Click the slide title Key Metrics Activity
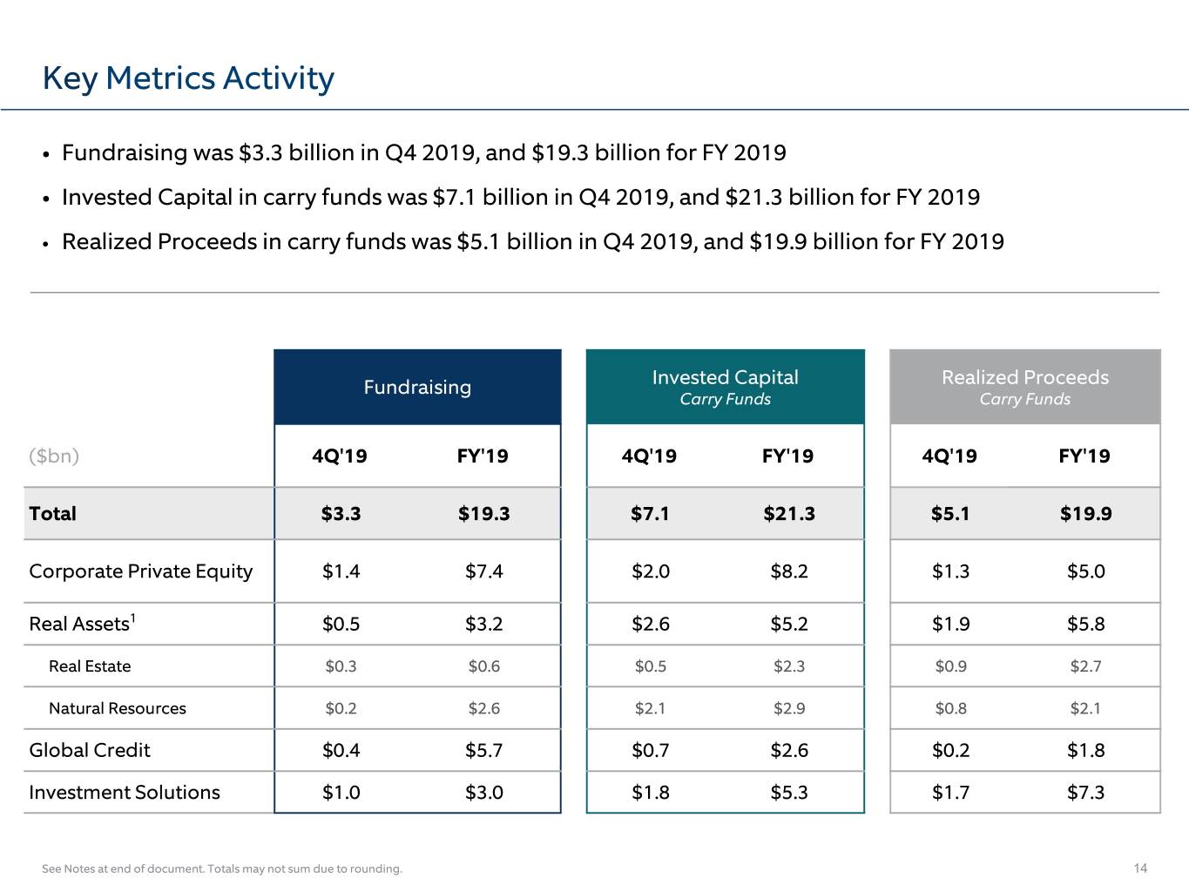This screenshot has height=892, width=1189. click(x=188, y=78)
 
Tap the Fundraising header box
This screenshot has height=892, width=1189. click(x=417, y=387)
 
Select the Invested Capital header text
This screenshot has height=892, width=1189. click(x=725, y=377)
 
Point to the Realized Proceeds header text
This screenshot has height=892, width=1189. click(x=1025, y=377)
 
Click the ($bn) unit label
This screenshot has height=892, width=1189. click(x=54, y=456)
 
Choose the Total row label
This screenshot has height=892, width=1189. click(x=52, y=513)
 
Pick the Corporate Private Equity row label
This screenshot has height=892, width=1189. click(x=141, y=572)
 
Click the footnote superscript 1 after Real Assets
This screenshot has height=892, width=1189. click(x=132, y=618)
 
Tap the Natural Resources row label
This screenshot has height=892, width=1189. click(x=117, y=708)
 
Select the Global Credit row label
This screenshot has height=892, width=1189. click(x=90, y=750)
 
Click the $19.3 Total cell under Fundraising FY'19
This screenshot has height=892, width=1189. click(x=483, y=513)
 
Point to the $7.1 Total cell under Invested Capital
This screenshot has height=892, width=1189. click(x=650, y=513)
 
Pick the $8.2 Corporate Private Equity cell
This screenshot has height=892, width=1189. click(x=788, y=571)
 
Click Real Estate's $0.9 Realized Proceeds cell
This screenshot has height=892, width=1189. click(x=950, y=666)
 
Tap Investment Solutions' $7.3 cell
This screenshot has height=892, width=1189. click(x=1085, y=793)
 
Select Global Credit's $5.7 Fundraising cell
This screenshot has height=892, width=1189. click(x=483, y=750)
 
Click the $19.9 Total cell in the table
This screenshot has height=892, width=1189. click(x=1085, y=513)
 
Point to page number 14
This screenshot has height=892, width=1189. click(x=1140, y=868)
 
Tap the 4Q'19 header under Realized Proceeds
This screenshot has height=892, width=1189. click(x=949, y=456)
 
